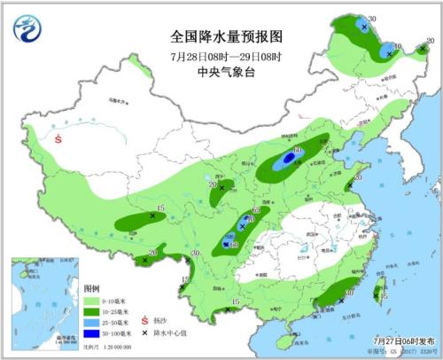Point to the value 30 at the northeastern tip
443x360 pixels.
[372, 19]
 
